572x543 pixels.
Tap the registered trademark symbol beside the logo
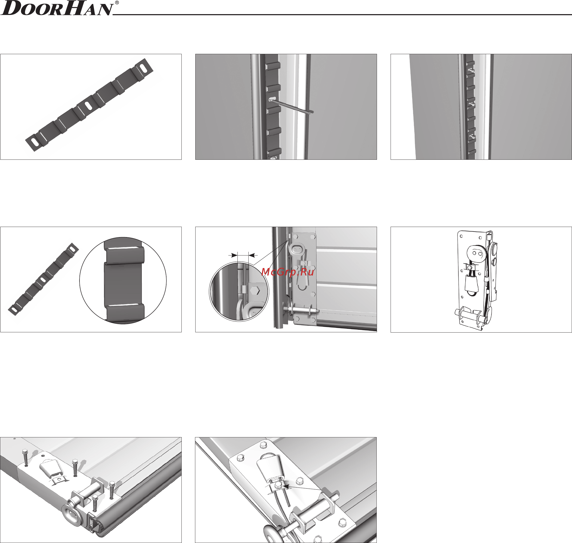coord(117,3)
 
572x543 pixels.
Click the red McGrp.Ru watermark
coord(287,272)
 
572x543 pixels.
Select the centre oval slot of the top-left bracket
coord(88,106)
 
